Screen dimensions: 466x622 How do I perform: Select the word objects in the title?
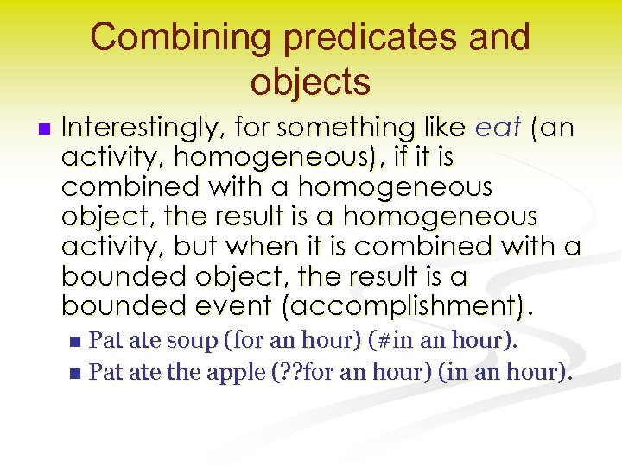310,82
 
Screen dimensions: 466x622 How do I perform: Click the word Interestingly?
140,129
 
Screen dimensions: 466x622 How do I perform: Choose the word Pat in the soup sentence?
105,341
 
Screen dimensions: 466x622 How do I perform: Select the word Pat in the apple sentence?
105,373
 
